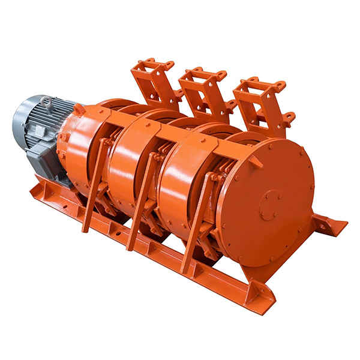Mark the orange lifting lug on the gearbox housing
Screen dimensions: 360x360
click(79, 110)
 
